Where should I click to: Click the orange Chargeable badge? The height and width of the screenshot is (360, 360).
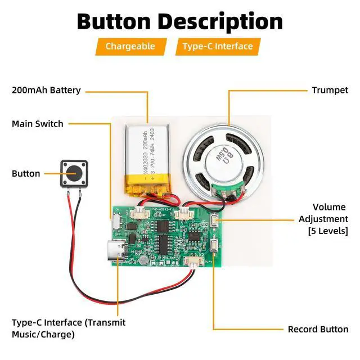pos(130,46)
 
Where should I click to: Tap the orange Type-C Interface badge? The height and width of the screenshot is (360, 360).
pos(218,46)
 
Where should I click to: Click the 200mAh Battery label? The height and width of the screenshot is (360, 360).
pos(46,90)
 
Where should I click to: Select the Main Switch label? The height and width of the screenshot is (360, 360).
pos(38,124)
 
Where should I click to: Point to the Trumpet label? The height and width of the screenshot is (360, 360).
pos(330,90)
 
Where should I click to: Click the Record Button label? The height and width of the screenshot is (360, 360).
pos(318,330)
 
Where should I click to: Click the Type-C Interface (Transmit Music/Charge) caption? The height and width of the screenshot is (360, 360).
pos(69,328)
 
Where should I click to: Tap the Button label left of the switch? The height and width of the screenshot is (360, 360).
pos(26,173)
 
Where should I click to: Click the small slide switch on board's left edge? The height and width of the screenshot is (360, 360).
pos(116,221)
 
